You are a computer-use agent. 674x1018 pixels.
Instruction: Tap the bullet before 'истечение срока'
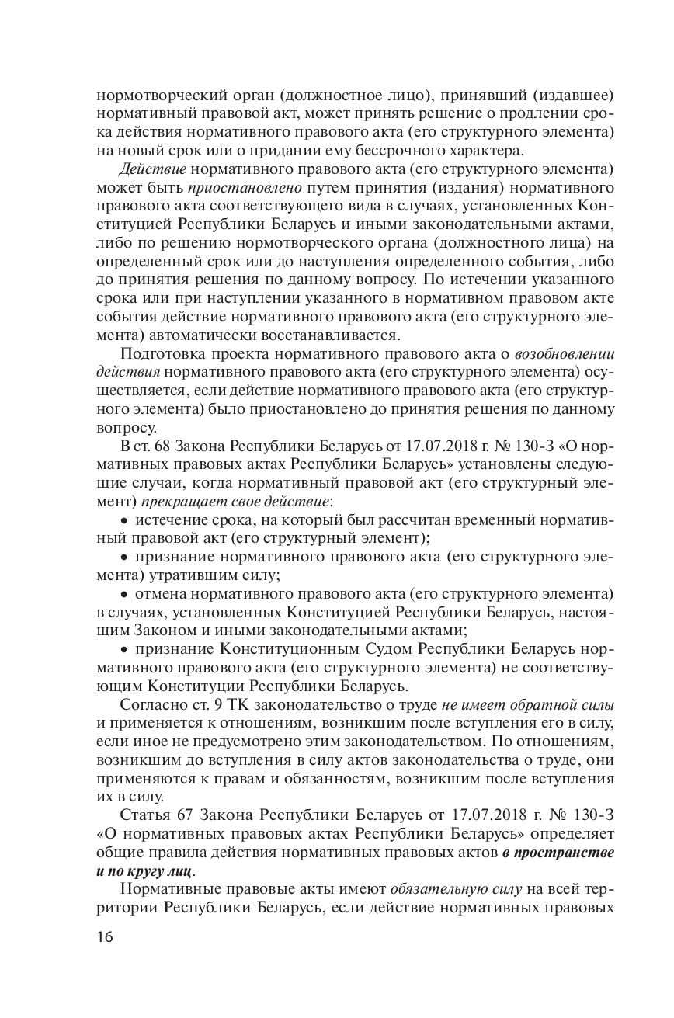[127, 519]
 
